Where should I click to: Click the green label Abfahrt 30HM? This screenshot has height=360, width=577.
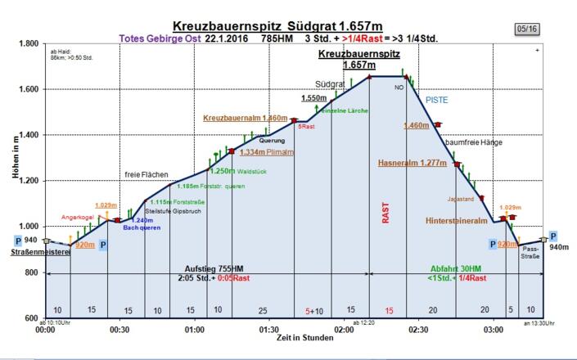(458, 268)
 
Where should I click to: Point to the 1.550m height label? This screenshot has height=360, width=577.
(314, 98)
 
